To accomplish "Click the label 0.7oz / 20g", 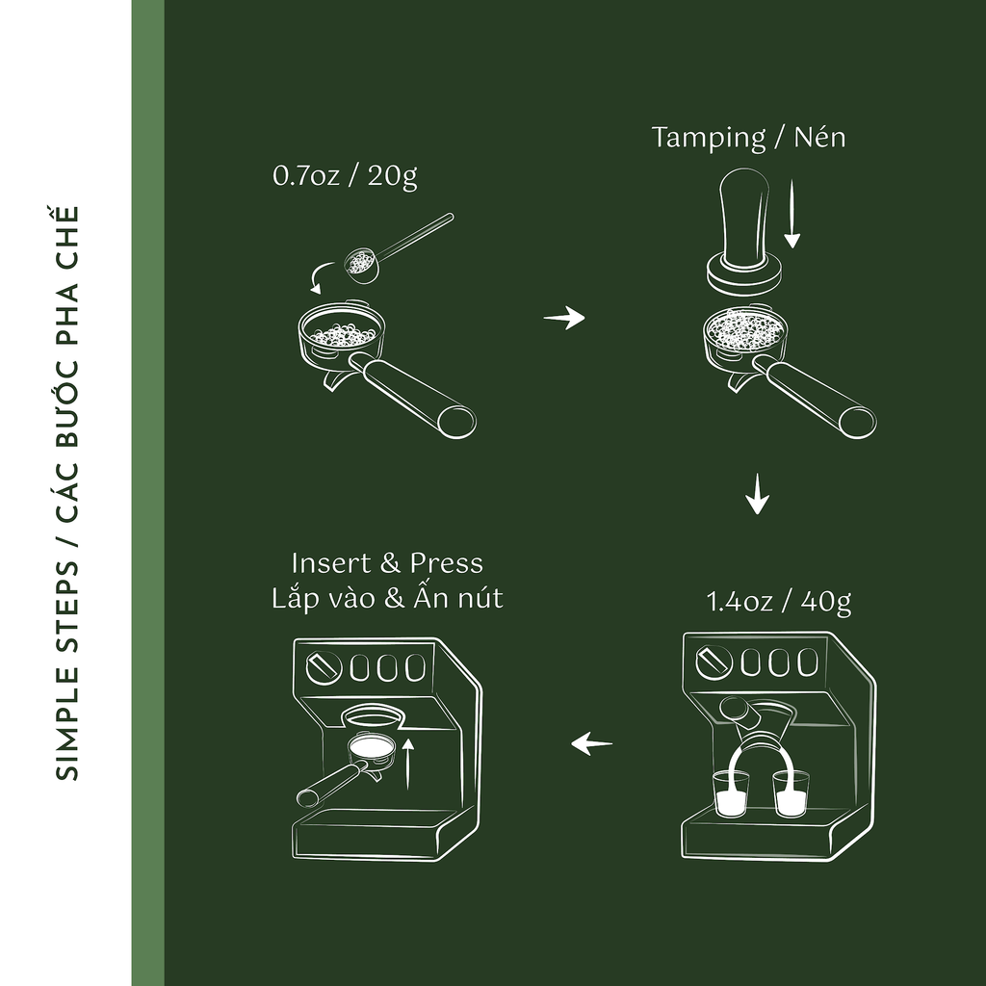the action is pyautogui.click(x=345, y=176).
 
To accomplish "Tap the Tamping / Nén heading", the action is pyautogui.click(x=748, y=138).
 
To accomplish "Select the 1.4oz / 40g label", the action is pyautogui.click(x=779, y=602).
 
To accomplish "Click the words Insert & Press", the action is pyautogui.click(x=387, y=562).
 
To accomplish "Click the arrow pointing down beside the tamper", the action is pyautogui.click(x=792, y=214).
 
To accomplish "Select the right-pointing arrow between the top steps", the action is pyautogui.click(x=564, y=318).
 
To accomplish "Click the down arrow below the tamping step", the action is pyautogui.click(x=757, y=494).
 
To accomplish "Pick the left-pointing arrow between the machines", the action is pyautogui.click(x=591, y=743).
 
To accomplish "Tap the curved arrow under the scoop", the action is pyautogui.click(x=322, y=276).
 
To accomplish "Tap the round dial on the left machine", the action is pyautogui.click(x=324, y=667).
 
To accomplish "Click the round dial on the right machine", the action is pyautogui.click(x=714, y=662).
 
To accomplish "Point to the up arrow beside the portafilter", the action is pyautogui.click(x=408, y=763).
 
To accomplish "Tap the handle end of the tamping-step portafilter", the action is pyautogui.click(x=857, y=422).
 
